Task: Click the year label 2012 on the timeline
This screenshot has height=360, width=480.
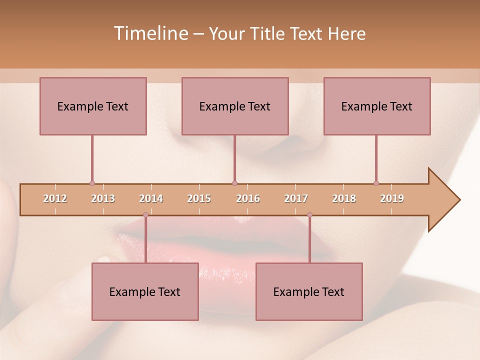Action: pyautogui.click(x=55, y=198)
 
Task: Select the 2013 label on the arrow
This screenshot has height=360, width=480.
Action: pyautogui.click(x=103, y=198)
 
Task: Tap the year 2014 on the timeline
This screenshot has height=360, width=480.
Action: pyautogui.click(x=151, y=198)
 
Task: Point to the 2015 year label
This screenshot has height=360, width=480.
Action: pyautogui.click(x=199, y=198)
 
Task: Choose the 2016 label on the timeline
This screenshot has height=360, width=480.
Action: pyautogui.click(x=248, y=198)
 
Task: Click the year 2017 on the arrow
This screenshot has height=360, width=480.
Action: pyautogui.click(x=296, y=198)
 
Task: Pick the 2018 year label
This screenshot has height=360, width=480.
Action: pyautogui.click(x=344, y=198)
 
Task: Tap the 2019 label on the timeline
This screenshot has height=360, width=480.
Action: pyautogui.click(x=392, y=198)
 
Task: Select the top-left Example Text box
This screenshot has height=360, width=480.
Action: pyautogui.click(x=93, y=106)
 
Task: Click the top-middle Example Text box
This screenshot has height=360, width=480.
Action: pyautogui.click(x=235, y=106)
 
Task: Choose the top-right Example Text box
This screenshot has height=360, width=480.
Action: pyautogui.click(x=377, y=106)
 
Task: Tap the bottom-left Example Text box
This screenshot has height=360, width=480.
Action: pyautogui.click(x=145, y=291)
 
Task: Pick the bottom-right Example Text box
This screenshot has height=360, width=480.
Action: pyautogui.click(x=309, y=291)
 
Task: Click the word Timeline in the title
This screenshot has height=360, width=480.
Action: pyautogui.click(x=150, y=33)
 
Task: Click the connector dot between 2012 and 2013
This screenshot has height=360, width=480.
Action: pyautogui.click(x=92, y=183)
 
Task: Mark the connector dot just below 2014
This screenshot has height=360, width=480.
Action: pyautogui.click(x=145, y=215)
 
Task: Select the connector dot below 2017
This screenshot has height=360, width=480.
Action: pyautogui.click(x=309, y=215)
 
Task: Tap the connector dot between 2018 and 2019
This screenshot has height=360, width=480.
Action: pyautogui.click(x=376, y=183)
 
